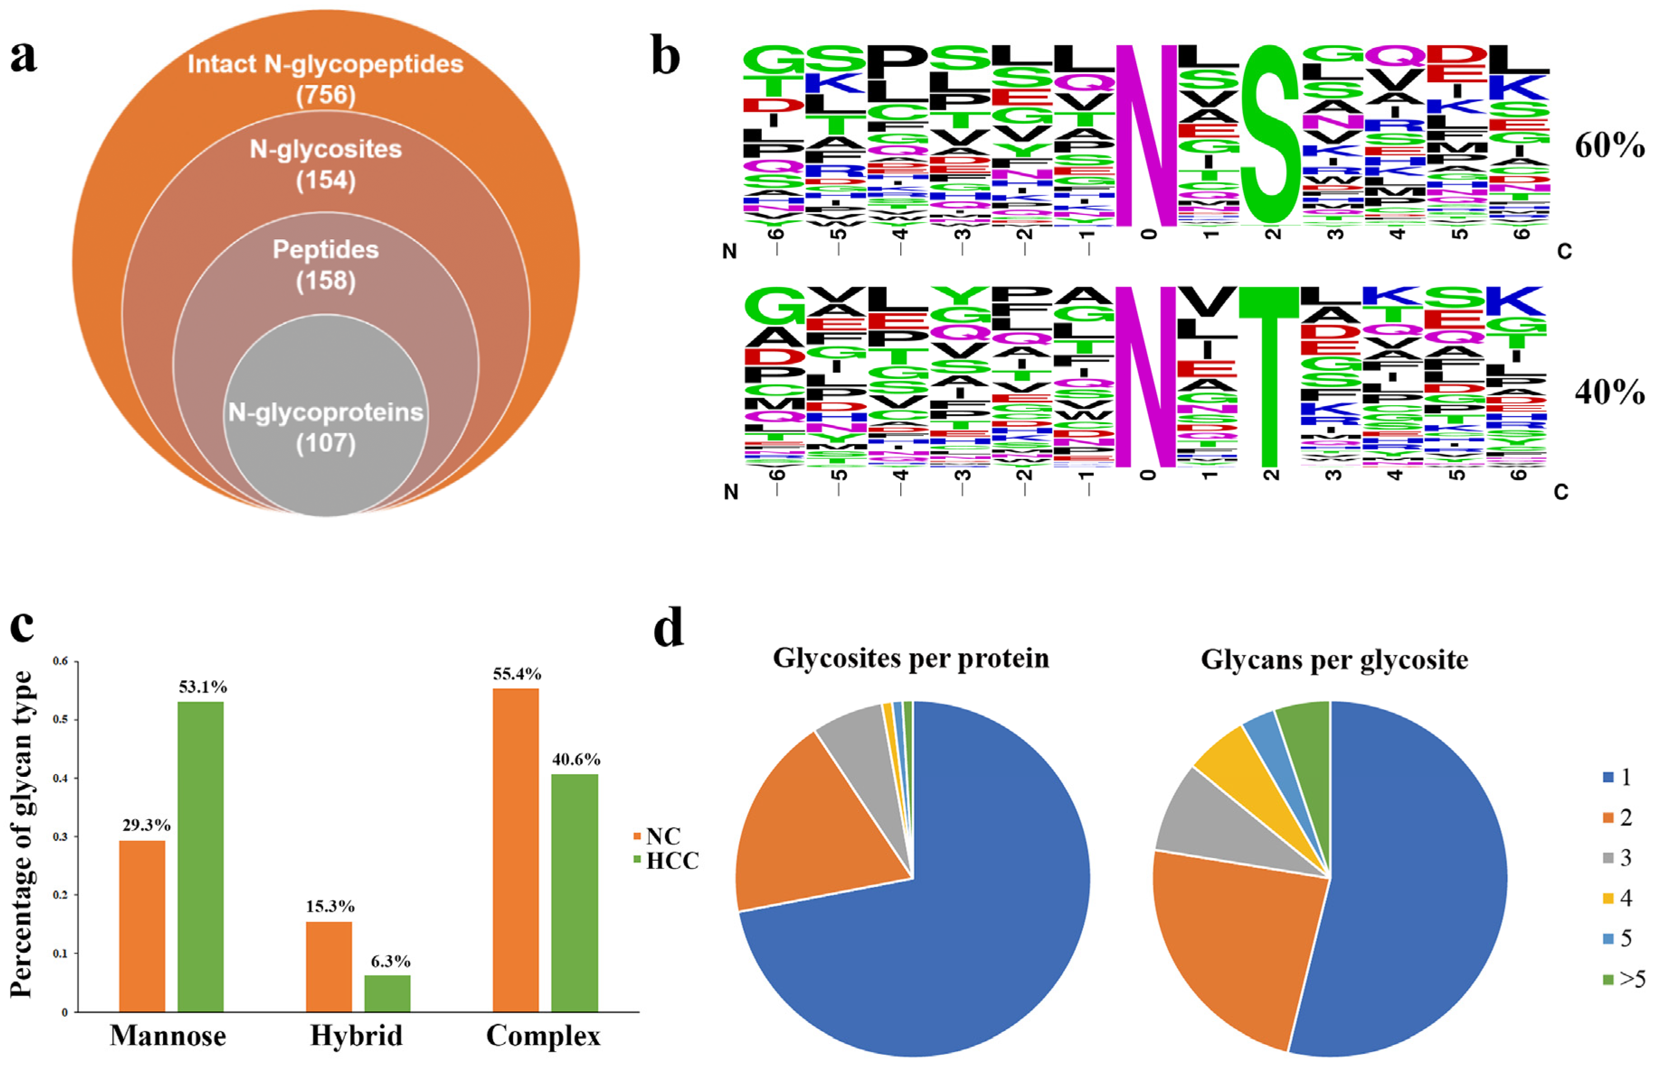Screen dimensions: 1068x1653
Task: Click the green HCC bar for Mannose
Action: pos(200,856)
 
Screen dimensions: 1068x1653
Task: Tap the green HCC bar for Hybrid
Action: pos(387,993)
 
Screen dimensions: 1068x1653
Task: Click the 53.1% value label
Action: pos(203,686)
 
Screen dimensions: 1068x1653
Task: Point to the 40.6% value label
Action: pos(576,759)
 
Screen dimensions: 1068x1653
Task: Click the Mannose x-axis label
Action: pos(168,1035)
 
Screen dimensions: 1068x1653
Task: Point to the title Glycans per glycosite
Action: pos(1334,660)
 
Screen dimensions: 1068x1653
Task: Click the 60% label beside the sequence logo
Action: pos(1609,146)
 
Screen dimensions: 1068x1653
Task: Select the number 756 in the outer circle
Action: pos(326,95)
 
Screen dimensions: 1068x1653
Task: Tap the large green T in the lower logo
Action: pos(1268,374)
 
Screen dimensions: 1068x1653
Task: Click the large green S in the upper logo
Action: pos(1270,135)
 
